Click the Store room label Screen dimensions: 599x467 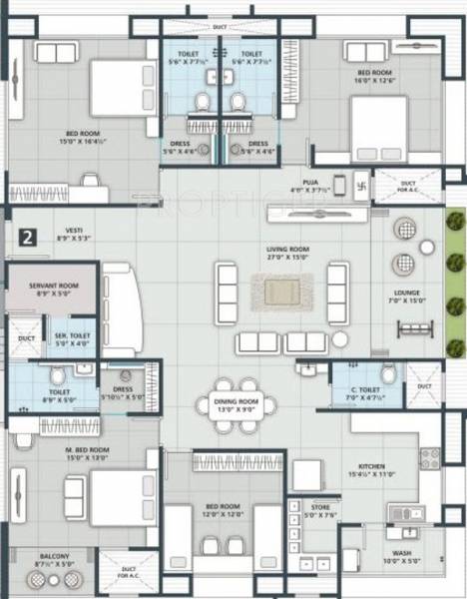point(319,507)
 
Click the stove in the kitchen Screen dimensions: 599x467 point(430,458)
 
